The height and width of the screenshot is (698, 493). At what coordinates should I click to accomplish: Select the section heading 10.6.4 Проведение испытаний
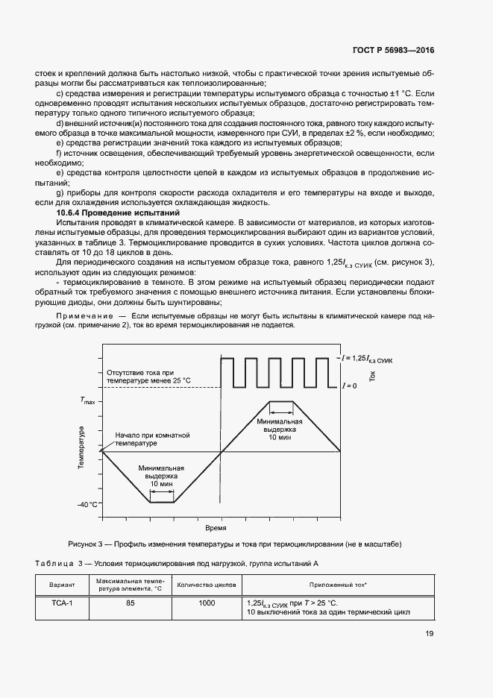pos(101,213)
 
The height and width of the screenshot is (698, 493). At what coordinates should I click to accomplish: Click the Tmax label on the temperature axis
pos(89,401)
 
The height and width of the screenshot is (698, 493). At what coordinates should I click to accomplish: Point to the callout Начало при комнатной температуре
pos(148,438)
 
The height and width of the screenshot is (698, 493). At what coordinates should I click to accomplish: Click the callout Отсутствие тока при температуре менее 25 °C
pos(149,376)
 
